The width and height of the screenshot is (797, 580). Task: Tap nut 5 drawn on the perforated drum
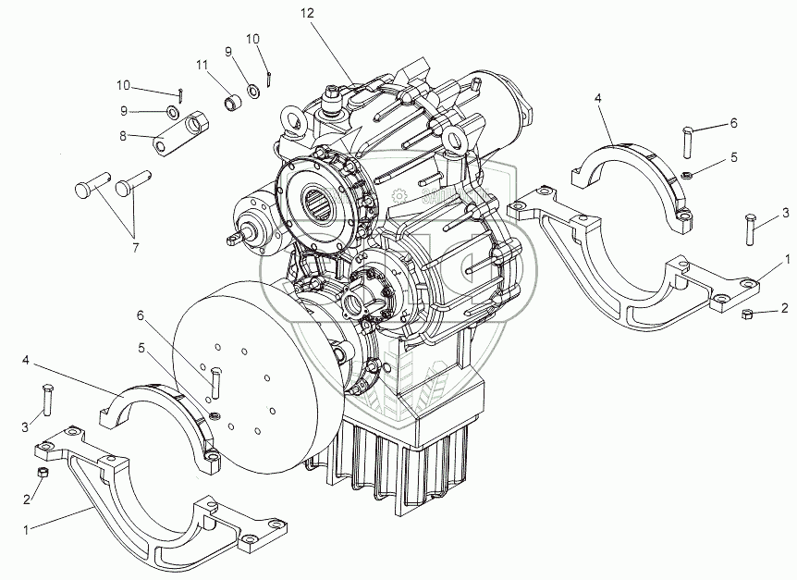[215, 413]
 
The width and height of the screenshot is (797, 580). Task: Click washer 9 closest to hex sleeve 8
[172, 113]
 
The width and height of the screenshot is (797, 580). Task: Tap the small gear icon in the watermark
[399, 196]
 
